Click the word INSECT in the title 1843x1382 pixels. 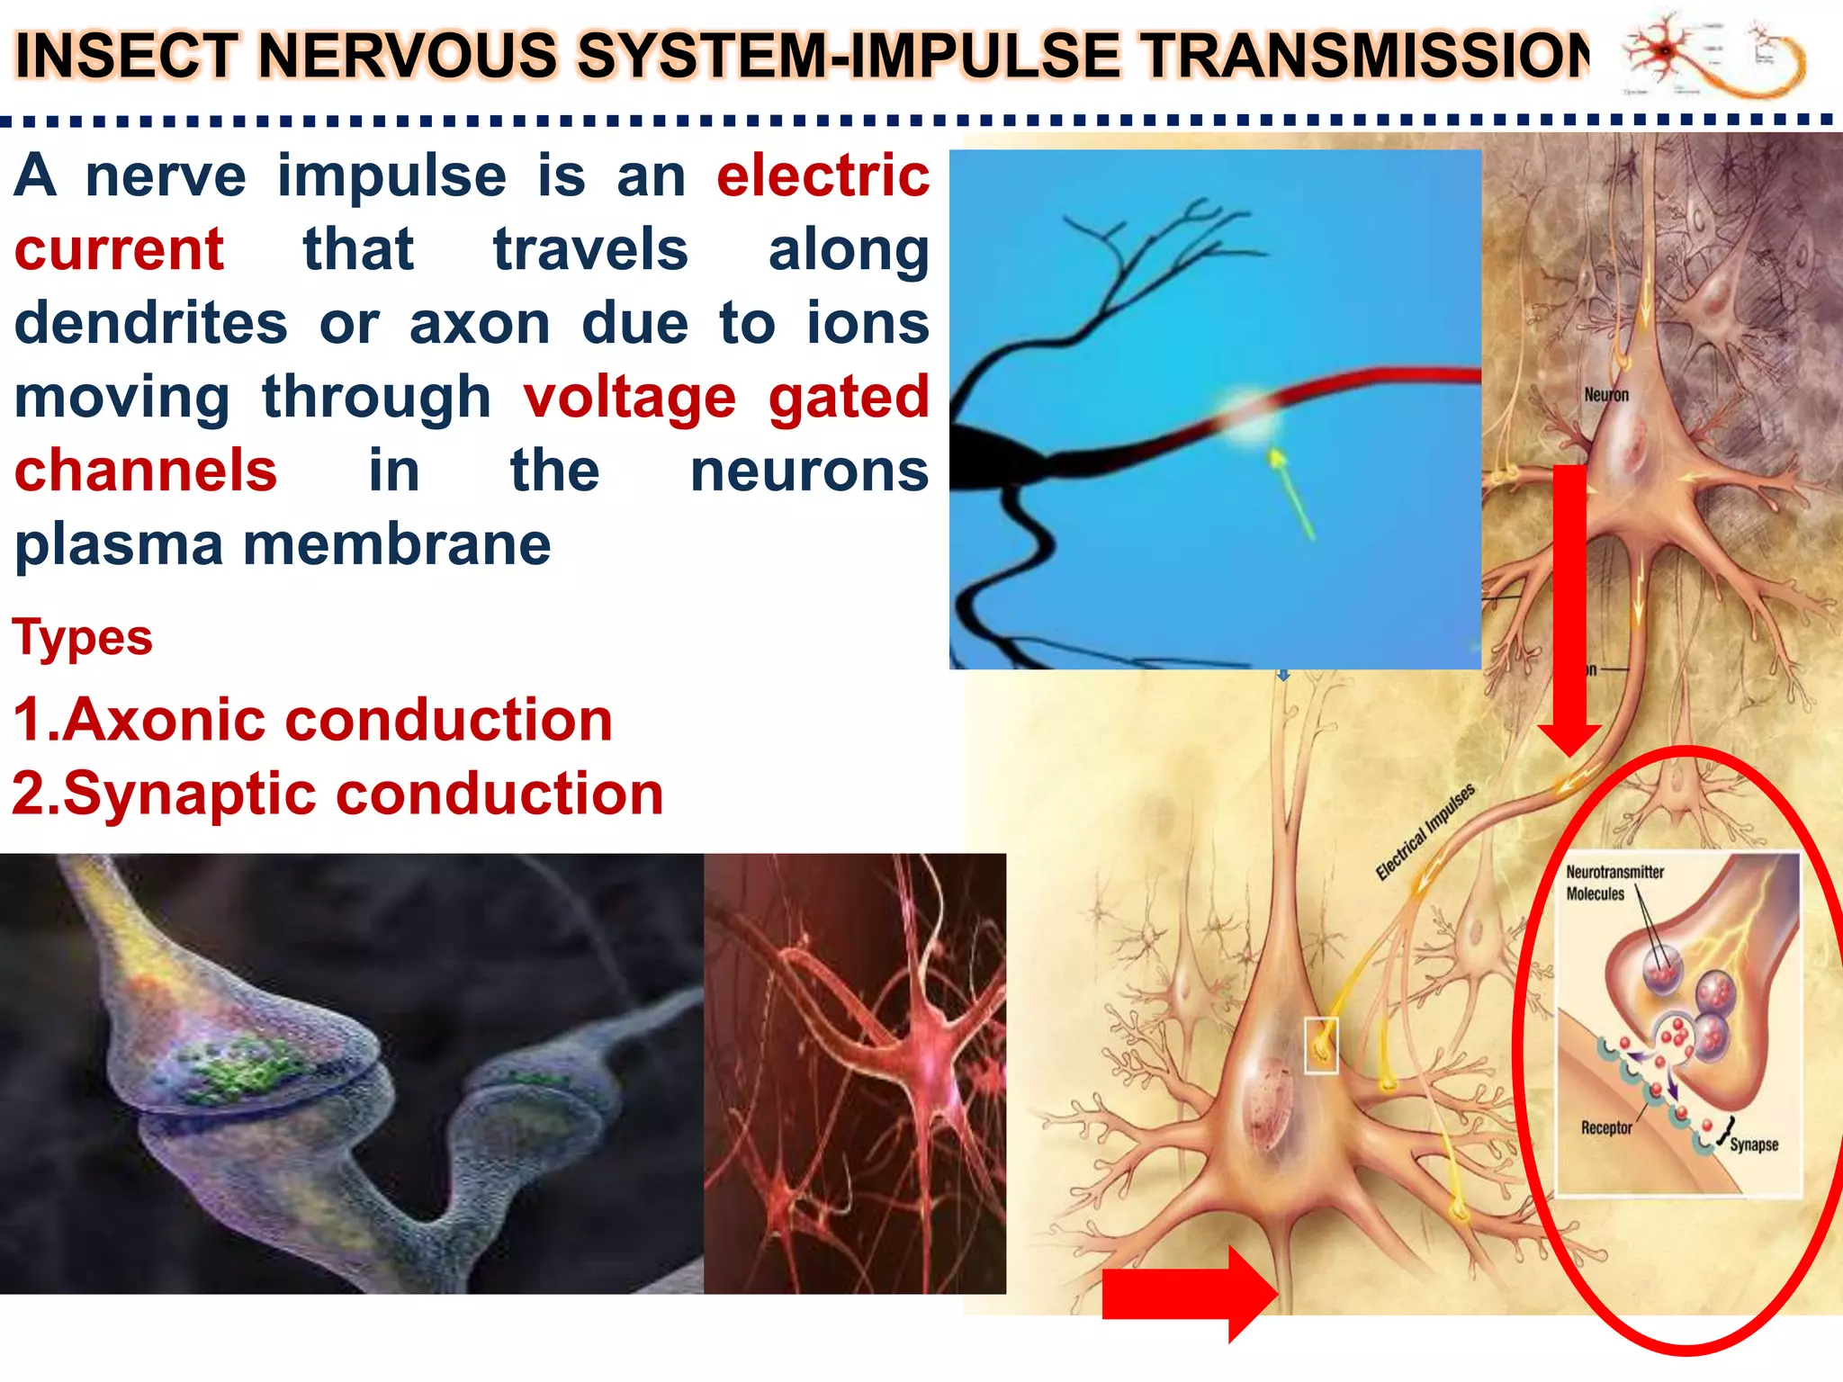click(x=126, y=56)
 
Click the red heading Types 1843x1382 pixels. click(x=82, y=638)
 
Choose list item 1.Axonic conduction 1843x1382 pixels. click(x=312, y=720)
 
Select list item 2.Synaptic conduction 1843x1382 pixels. click(x=337, y=794)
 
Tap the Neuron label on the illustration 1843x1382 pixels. click(x=1605, y=395)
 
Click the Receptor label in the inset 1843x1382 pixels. click(x=1605, y=1128)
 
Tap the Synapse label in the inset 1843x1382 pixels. click(x=1753, y=1144)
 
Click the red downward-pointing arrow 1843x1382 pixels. click(x=1569, y=612)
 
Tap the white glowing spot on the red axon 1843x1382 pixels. click(x=1247, y=416)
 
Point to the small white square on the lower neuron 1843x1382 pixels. click(x=1321, y=1045)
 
